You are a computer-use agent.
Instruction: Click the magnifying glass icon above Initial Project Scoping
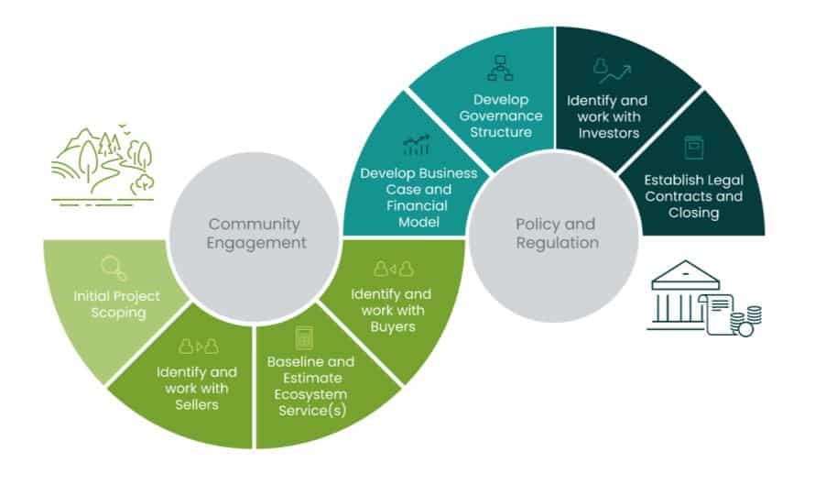114,268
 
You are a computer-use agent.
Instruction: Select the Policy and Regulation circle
555,233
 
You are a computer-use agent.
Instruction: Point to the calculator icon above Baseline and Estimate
303,338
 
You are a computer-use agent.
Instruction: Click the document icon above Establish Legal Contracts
693,147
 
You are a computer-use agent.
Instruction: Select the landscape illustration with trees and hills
101,163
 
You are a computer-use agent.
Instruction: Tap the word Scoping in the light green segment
116,313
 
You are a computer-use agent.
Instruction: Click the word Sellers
196,404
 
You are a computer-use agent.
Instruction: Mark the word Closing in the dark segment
693,213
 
